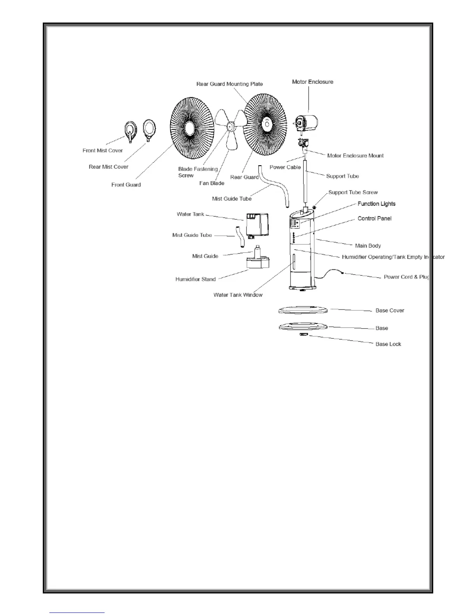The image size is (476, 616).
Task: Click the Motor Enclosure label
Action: coord(313,82)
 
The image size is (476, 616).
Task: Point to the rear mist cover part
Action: coord(149,128)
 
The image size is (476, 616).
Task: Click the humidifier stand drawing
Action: coord(258,263)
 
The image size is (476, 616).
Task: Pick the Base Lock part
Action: coord(303,334)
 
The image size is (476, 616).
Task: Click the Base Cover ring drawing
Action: coord(303,310)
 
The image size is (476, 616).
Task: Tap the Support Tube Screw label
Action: coord(353,192)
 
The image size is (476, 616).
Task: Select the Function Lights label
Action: coord(376,204)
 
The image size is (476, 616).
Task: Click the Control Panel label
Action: coord(374,219)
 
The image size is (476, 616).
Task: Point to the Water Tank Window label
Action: coord(238,295)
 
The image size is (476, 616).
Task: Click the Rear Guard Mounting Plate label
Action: coord(229,84)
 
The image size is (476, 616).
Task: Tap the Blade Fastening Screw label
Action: coord(198,172)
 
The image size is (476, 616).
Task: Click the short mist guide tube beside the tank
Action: coord(240,236)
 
